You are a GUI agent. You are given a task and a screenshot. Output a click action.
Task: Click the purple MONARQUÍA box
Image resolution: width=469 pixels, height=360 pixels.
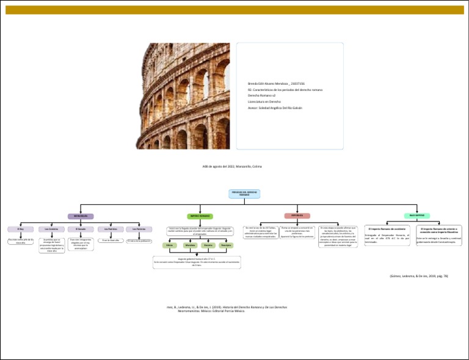[x=81, y=216]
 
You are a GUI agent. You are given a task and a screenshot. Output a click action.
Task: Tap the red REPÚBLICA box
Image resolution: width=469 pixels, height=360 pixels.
[x=297, y=215]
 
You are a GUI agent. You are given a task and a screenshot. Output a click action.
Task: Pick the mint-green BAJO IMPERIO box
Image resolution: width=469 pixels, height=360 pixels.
[x=417, y=215]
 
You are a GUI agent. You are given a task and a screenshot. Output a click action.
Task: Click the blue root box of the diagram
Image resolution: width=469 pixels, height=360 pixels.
[x=244, y=193]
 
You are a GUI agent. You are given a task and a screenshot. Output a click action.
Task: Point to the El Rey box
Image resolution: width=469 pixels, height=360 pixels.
[x=21, y=229]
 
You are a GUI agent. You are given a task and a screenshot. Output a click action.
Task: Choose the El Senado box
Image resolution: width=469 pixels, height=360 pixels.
[x=81, y=229]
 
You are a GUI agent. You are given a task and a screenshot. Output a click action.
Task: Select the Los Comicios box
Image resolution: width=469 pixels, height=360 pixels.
[x=51, y=229]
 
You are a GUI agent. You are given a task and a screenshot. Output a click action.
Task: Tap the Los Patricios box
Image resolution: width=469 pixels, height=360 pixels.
[x=110, y=229]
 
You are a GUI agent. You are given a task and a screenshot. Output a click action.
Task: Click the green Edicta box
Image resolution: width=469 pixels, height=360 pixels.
[x=169, y=245]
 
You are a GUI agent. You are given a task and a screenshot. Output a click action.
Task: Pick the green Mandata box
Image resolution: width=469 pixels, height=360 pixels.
[x=189, y=245]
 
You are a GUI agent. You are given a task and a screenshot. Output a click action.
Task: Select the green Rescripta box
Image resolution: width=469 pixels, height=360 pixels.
[x=226, y=245]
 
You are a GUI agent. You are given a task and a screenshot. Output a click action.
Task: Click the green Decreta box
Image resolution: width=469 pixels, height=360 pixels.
[x=208, y=245]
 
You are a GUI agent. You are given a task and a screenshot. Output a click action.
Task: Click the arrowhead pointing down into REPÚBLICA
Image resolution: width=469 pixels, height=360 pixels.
[x=297, y=211]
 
